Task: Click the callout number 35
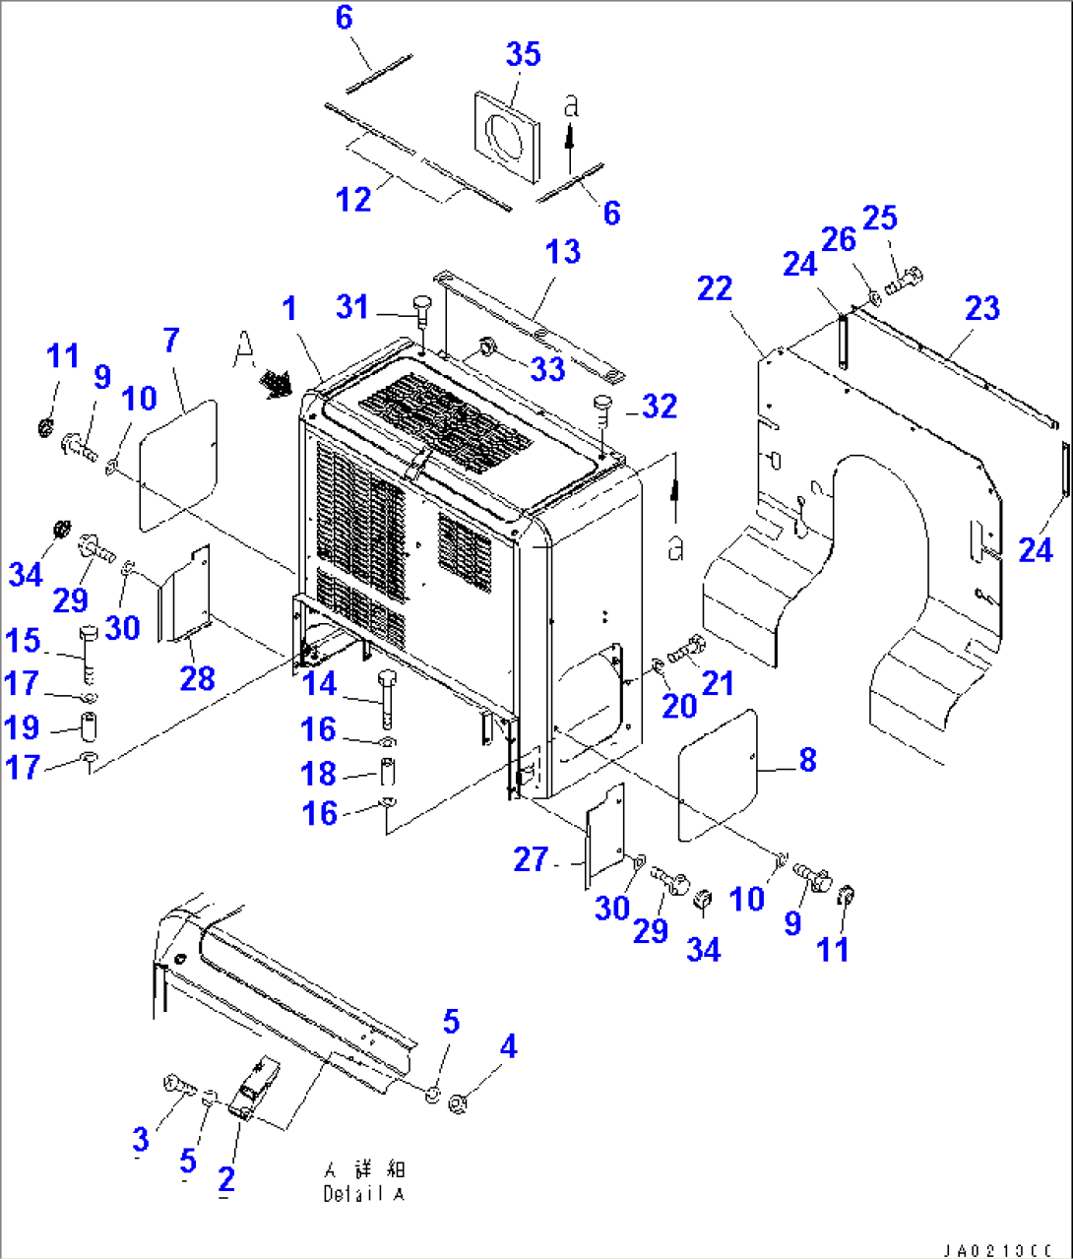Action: click(x=524, y=54)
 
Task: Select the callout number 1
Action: click(x=288, y=309)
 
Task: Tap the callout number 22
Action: click(x=715, y=288)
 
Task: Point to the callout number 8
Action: click(x=807, y=759)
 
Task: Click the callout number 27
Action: click(x=531, y=859)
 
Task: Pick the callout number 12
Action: click(x=353, y=199)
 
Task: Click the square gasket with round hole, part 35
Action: click(x=508, y=137)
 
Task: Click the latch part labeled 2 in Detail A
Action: click(x=254, y=1089)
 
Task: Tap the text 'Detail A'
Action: click(x=363, y=1194)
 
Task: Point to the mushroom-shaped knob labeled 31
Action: click(x=420, y=305)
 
